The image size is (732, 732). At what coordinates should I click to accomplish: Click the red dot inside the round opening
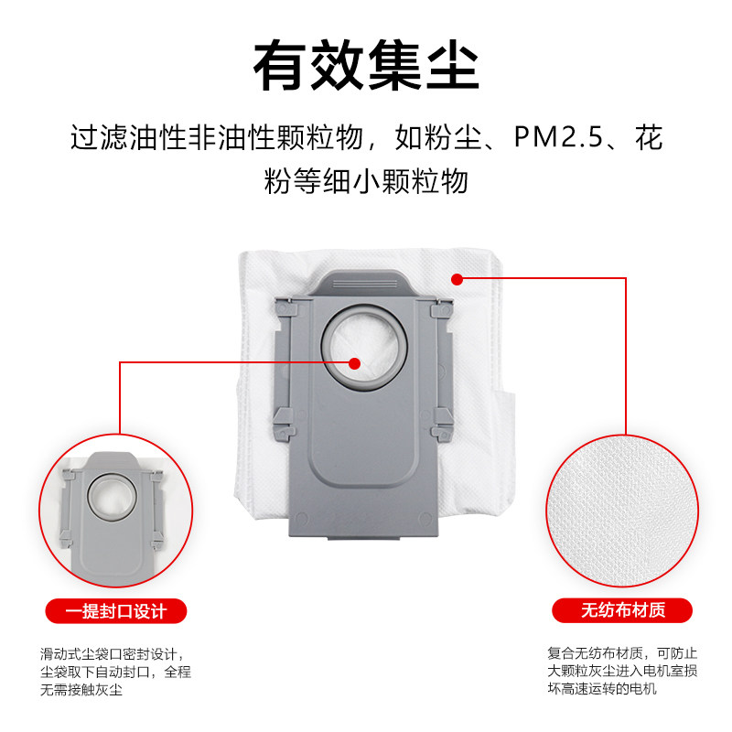pyautogui.click(x=355, y=362)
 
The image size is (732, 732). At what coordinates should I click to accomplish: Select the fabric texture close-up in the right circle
pyautogui.click(x=622, y=503)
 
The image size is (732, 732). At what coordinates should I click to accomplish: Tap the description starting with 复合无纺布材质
pyautogui.click(x=622, y=672)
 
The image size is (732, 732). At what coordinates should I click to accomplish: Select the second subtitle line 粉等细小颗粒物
pyautogui.click(x=366, y=180)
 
